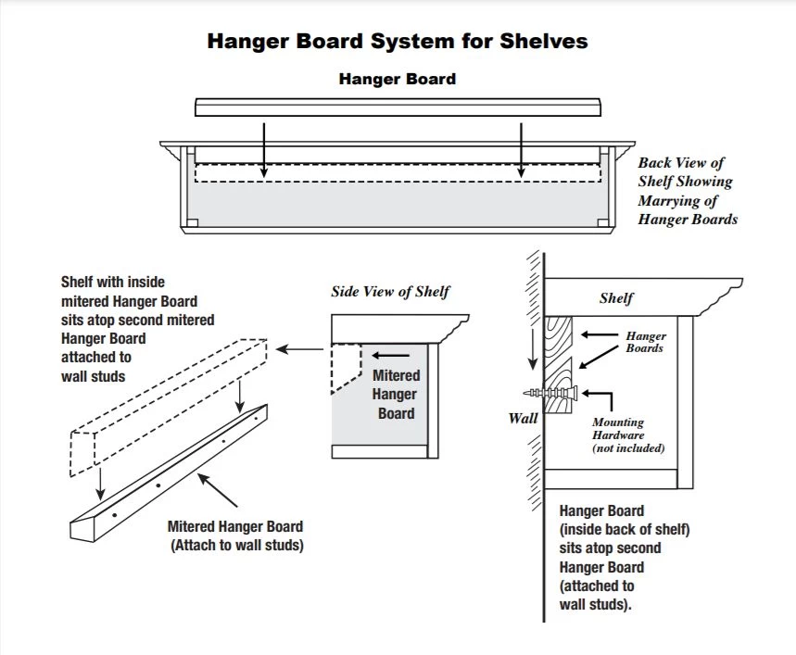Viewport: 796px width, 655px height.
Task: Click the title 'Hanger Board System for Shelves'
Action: click(x=397, y=42)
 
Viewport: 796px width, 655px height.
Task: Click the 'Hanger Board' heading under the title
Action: click(x=397, y=80)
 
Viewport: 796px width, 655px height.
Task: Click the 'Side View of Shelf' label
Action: click(x=390, y=292)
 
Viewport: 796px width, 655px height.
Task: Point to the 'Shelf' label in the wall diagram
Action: click(x=616, y=298)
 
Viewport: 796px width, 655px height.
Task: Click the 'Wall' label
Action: click(x=523, y=418)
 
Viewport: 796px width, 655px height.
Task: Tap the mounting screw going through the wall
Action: click(x=556, y=392)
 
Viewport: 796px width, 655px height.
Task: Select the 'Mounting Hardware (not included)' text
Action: click(x=629, y=435)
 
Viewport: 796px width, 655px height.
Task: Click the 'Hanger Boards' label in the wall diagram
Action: click(x=646, y=342)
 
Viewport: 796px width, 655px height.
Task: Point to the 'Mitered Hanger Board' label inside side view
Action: click(x=396, y=394)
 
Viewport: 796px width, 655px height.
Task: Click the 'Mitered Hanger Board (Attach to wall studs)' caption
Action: click(x=236, y=535)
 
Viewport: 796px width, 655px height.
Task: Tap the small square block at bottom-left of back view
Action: click(x=193, y=222)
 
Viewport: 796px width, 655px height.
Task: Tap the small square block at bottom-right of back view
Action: click(x=603, y=222)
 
